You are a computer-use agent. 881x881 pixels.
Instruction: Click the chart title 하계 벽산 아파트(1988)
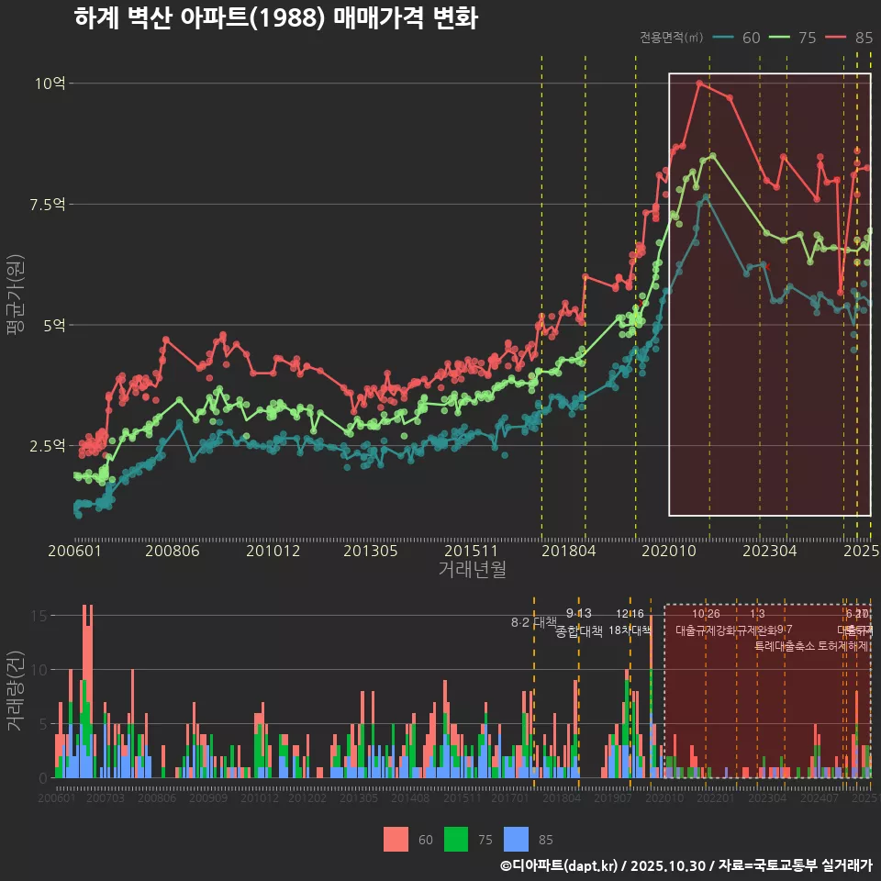coord(275,18)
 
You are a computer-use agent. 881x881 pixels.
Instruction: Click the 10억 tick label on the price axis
coord(50,84)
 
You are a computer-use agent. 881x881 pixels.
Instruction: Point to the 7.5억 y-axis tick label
coord(46,204)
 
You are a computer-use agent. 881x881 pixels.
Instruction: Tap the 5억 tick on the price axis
coord(54,325)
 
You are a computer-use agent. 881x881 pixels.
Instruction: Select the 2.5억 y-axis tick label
coord(46,446)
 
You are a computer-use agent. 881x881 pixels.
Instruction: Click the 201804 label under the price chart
coord(567,551)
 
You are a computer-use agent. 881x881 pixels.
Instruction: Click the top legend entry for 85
coord(849,38)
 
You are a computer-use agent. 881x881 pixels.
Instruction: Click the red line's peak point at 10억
coord(699,84)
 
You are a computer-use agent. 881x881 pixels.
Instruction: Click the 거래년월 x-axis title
coord(472,570)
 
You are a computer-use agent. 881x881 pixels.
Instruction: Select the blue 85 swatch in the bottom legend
coord(519,839)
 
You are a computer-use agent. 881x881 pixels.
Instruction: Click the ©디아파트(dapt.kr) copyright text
coord(560,865)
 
